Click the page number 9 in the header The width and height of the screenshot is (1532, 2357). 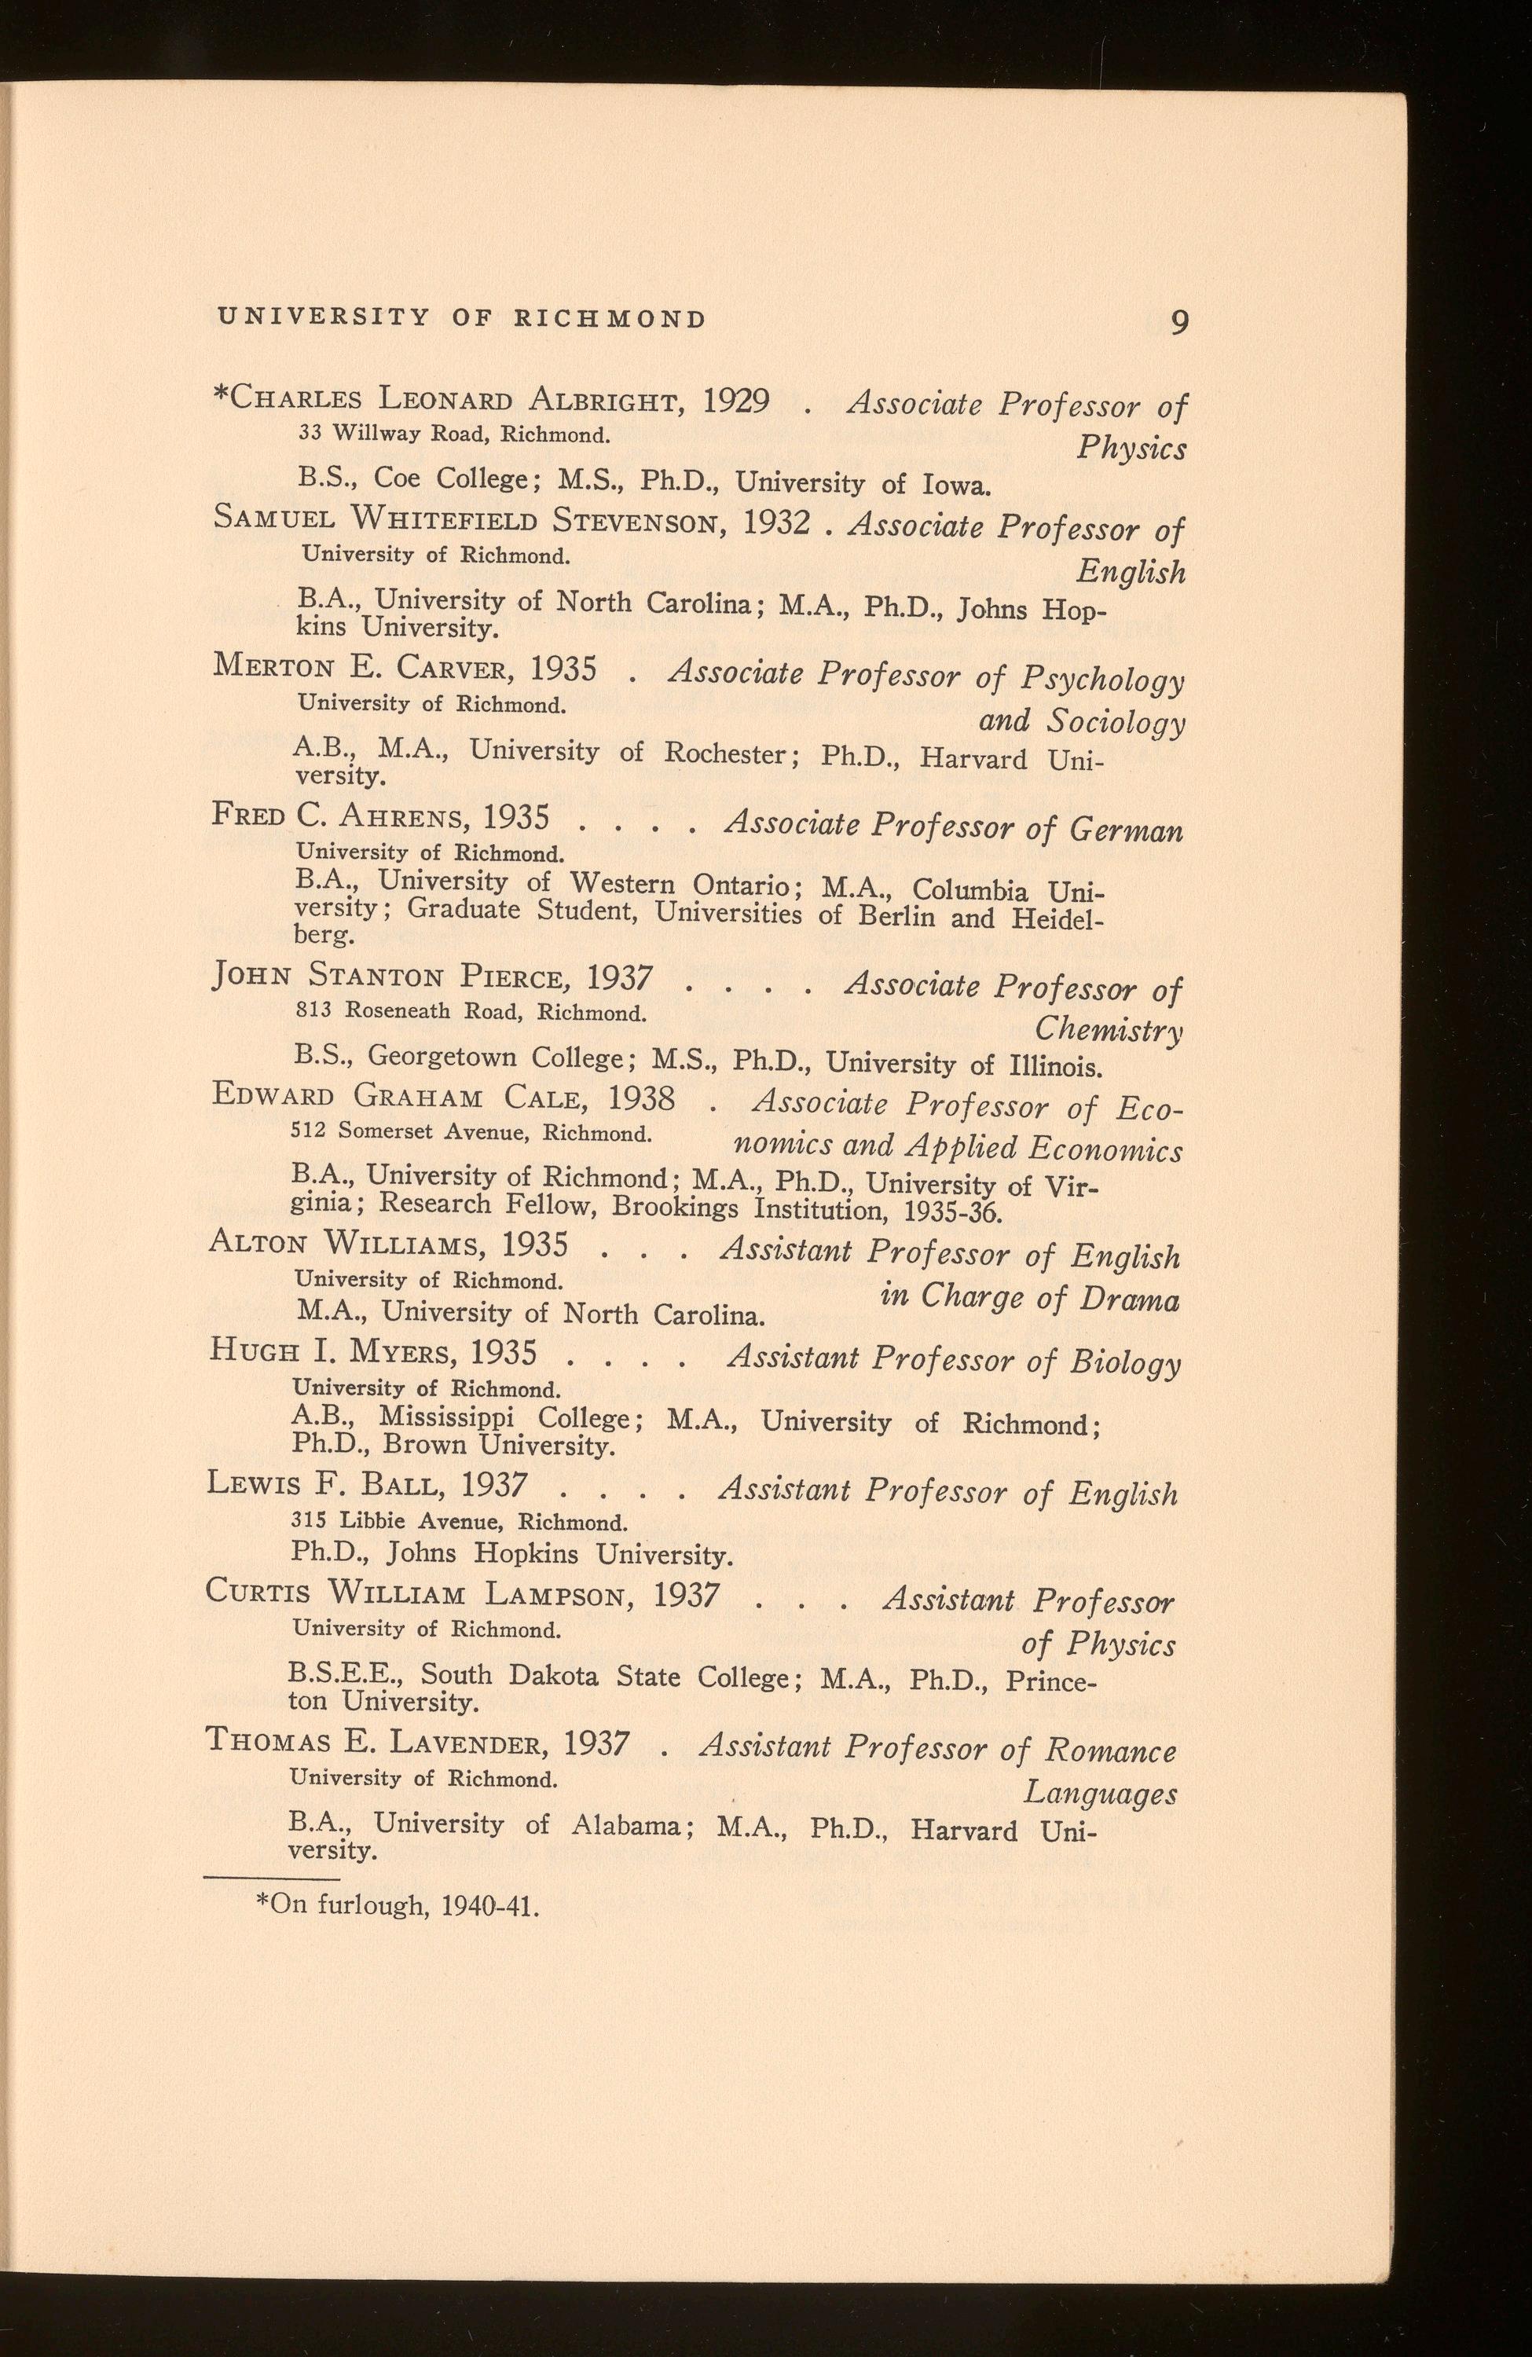point(1178,323)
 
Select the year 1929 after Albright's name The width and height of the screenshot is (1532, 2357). point(736,401)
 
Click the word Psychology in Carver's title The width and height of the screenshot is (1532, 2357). point(1100,680)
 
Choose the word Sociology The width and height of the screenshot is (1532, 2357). point(1117,723)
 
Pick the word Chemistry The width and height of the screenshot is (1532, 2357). point(1107,1031)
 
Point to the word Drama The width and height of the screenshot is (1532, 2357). point(1129,1299)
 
